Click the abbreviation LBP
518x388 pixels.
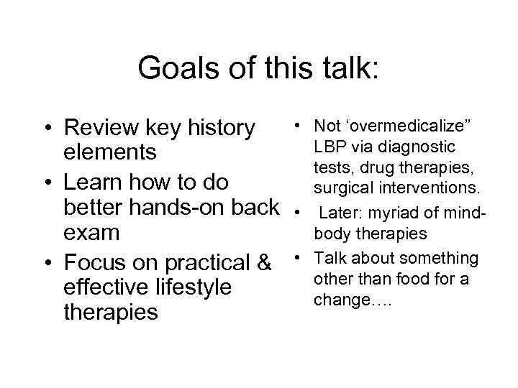tap(327, 147)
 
